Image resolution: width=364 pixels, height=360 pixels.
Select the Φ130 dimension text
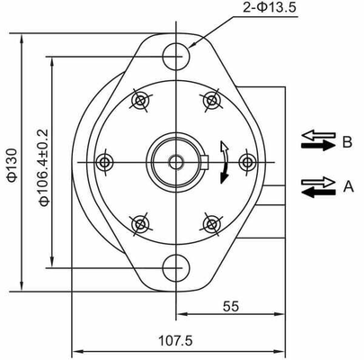tap(10, 164)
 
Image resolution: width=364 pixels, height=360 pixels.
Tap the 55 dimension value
tap(231, 307)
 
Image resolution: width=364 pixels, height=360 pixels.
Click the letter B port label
tap(347, 140)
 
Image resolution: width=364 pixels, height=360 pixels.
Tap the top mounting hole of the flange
tap(175, 57)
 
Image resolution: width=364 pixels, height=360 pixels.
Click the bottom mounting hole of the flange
tap(175, 267)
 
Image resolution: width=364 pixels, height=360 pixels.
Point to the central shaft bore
tap(174, 162)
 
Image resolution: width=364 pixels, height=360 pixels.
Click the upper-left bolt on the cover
tap(139, 100)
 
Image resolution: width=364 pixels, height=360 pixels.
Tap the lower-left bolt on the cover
tap(139, 223)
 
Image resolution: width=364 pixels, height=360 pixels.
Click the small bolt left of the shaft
tap(105, 162)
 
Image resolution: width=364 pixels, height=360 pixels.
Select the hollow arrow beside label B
tap(316, 137)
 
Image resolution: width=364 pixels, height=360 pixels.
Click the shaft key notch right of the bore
tap(205, 162)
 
